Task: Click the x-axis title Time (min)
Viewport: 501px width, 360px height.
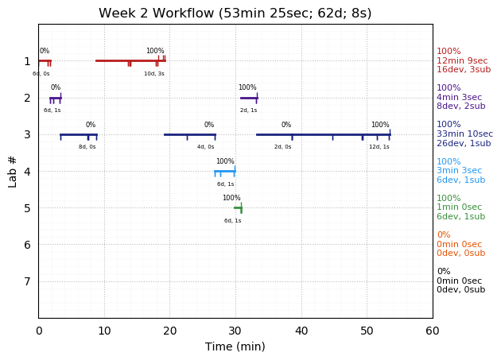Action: tap(235, 346)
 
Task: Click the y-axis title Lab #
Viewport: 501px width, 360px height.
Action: tap(13, 171)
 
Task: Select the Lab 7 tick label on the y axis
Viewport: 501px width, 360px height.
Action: tap(27, 281)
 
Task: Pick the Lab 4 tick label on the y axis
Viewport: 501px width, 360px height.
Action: tap(27, 171)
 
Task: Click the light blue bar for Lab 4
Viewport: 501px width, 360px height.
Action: tap(224, 171)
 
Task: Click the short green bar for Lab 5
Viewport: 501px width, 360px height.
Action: tap(238, 207)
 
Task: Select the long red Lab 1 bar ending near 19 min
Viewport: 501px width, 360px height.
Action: tap(130, 60)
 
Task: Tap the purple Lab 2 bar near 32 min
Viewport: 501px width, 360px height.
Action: tap(248, 98)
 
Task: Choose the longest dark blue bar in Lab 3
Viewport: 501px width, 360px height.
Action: tap(322, 134)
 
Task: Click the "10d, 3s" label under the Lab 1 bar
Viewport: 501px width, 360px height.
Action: tap(154, 74)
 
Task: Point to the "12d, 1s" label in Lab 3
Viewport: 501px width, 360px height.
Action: tap(379, 147)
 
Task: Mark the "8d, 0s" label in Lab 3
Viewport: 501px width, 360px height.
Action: tap(87, 147)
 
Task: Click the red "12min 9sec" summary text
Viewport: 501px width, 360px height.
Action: tap(462, 60)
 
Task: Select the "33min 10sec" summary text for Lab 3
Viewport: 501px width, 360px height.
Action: tap(464, 134)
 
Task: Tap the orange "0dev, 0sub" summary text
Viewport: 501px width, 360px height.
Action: tap(460, 254)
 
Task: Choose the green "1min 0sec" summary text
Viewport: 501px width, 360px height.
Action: tap(459, 207)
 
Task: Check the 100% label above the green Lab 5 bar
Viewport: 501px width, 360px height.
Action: tap(231, 198)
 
